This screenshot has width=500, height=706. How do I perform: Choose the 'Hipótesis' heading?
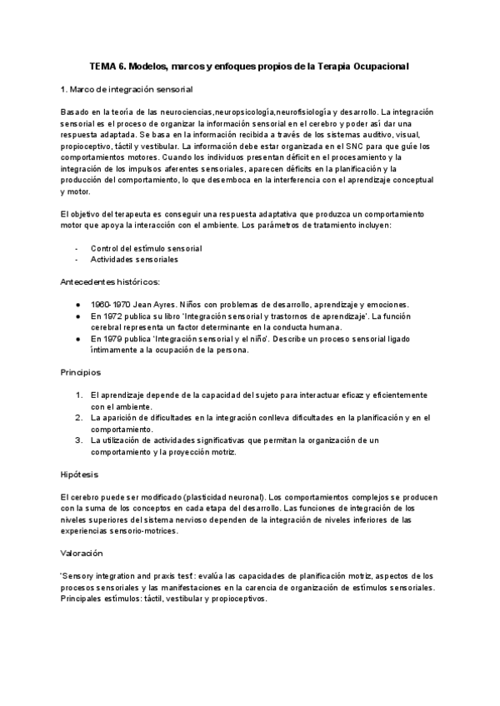tap(80, 474)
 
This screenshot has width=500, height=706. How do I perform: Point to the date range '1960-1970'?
tap(108, 305)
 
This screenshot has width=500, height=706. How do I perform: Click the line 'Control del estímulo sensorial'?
tap(147, 248)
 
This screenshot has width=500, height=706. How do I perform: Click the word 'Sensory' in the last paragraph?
tap(81, 576)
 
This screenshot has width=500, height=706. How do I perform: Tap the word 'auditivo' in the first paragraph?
tap(378, 134)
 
